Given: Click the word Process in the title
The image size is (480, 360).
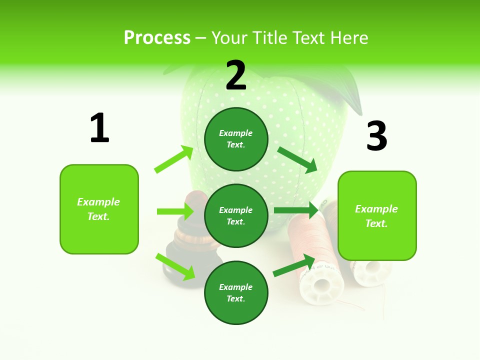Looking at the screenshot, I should [157, 37].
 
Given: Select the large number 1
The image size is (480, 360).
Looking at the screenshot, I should [99, 128].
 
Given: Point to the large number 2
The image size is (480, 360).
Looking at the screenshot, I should [236, 75].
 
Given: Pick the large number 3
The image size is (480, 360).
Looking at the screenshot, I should [377, 136].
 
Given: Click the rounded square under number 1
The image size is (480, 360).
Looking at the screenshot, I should [99, 209].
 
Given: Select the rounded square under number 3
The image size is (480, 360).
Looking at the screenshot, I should [377, 215].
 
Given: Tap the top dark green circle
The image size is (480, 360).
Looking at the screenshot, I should [236, 139].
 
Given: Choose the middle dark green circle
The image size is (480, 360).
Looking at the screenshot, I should [236, 215].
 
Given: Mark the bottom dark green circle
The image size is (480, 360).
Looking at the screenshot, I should [236, 292].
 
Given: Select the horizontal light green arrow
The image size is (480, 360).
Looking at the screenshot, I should [175, 211].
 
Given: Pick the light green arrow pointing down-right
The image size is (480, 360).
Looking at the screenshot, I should [175, 266].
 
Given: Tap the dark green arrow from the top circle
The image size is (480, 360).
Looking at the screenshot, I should [297, 159].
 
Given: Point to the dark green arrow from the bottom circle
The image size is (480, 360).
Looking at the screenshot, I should [294, 266].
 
